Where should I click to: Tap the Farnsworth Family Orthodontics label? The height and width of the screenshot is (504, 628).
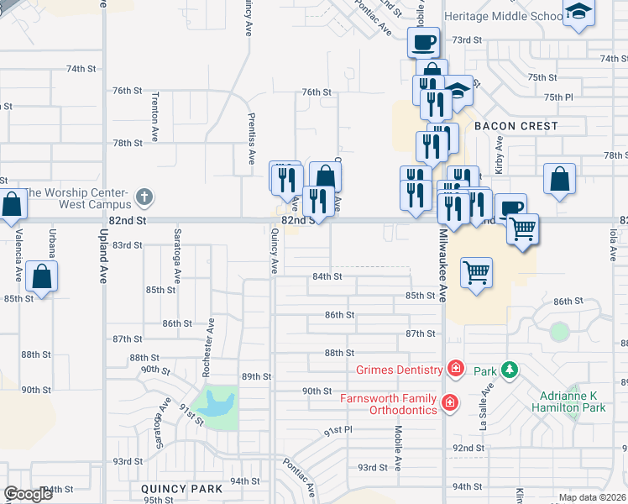(x=388, y=404)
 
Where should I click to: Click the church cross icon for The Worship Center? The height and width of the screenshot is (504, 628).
(x=144, y=198)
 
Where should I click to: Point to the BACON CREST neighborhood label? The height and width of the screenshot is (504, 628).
(x=515, y=126)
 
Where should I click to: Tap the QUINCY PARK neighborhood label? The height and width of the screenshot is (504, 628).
(x=181, y=489)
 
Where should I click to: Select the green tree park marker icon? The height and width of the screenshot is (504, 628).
(x=507, y=370)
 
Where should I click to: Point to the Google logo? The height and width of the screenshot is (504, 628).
(x=28, y=494)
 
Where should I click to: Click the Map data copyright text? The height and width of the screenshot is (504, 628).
(x=592, y=497)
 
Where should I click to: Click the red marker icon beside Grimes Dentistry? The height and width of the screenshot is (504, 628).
(x=455, y=369)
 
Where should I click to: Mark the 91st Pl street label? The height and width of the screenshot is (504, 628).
(x=338, y=430)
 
